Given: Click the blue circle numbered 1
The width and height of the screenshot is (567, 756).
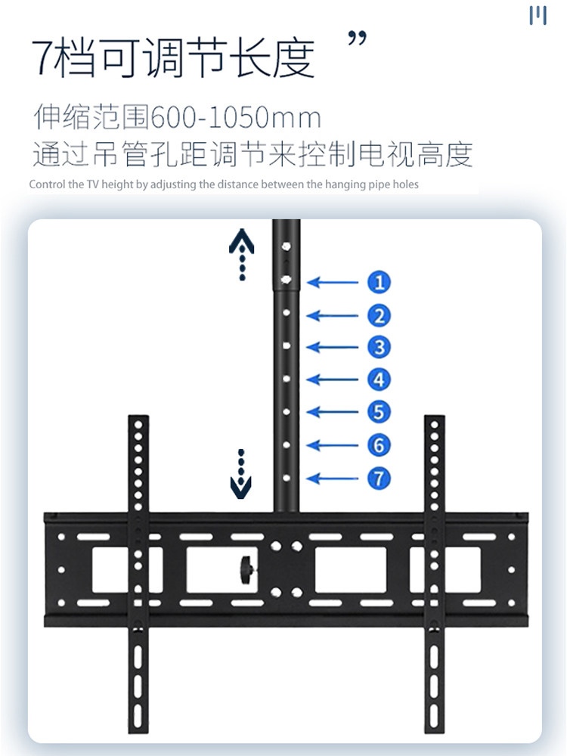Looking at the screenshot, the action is (379, 282).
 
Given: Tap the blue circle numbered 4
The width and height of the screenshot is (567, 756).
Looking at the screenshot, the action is (379, 380).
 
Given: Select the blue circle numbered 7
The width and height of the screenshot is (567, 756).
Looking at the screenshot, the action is (379, 479).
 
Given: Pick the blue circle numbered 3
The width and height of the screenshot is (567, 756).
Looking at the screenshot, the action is (379, 347).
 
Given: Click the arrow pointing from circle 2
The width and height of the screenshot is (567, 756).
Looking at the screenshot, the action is (332, 316).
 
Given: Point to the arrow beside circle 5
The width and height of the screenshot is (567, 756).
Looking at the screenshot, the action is (332, 412).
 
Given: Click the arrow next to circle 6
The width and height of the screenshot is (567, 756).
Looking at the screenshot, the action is (332, 445).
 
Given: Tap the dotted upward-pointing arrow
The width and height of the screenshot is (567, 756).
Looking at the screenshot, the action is (242, 254).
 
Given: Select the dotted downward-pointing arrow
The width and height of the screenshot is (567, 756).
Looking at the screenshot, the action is (241, 474).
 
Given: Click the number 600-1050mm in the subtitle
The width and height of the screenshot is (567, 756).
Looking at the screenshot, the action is (236, 117).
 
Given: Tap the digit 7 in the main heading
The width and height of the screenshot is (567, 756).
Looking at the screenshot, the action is (42, 58).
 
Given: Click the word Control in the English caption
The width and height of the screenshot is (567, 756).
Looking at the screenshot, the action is (47, 184).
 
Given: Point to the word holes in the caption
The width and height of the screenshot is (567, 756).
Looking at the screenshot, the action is (407, 184).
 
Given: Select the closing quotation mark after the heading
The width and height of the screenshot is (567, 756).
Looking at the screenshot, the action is (358, 38).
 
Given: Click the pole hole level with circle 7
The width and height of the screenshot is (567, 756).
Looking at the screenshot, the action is (287, 478).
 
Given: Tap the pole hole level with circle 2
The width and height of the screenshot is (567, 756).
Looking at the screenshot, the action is (287, 313).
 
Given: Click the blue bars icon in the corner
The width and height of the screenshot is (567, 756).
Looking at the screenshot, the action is (538, 15).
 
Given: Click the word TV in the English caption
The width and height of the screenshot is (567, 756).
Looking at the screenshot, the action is (92, 184).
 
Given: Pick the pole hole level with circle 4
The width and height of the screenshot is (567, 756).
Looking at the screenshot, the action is (287, 379).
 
